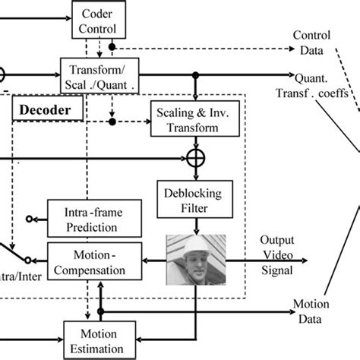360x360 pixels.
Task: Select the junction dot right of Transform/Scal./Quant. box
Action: (x=196, y=74)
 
